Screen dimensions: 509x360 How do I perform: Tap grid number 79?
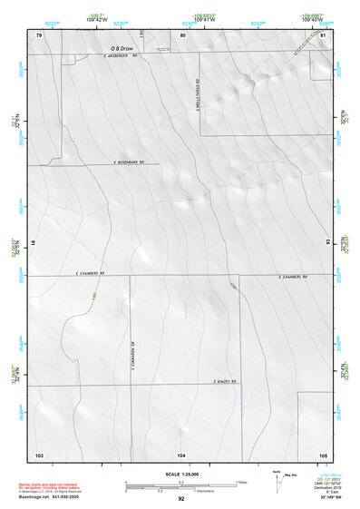click(x=39, y=34)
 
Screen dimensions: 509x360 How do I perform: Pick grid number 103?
click(x=39, y=453)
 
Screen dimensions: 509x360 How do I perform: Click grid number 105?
click(x=322, y=453)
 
